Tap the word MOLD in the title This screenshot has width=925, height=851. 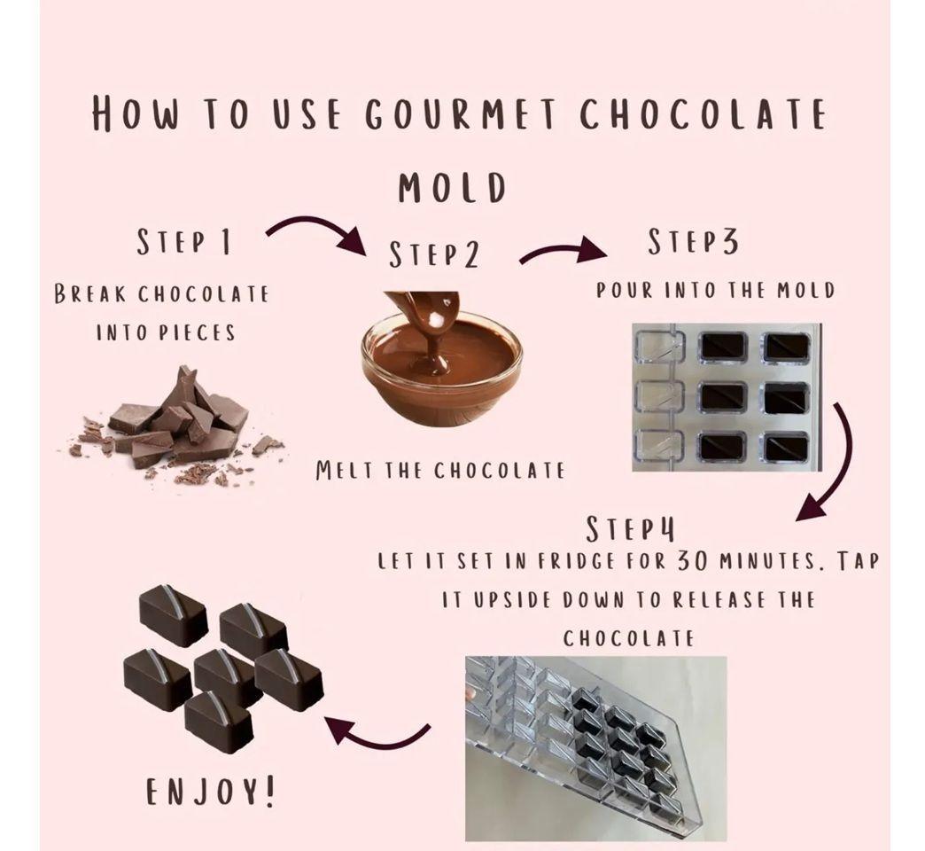(453, 188)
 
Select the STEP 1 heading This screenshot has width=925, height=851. (183, 241)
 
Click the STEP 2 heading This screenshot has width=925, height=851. (433, 255)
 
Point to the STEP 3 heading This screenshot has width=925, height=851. (693, 242)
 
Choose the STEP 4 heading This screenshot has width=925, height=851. (630, 529)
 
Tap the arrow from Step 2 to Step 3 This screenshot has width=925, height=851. (561, 251)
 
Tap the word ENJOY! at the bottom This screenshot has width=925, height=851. (210, 792)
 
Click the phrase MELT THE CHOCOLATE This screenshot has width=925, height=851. (440, 471)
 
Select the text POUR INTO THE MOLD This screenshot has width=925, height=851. (716, 291)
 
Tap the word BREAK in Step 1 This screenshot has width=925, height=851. (90, 294)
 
